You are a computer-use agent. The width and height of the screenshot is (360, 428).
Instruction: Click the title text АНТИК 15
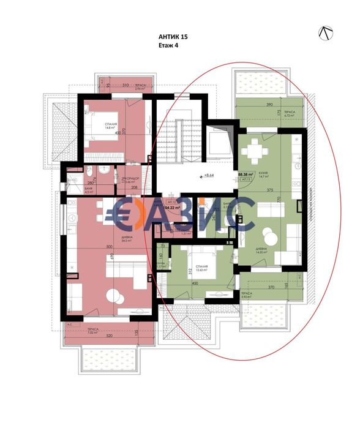(x=173, y=37)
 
